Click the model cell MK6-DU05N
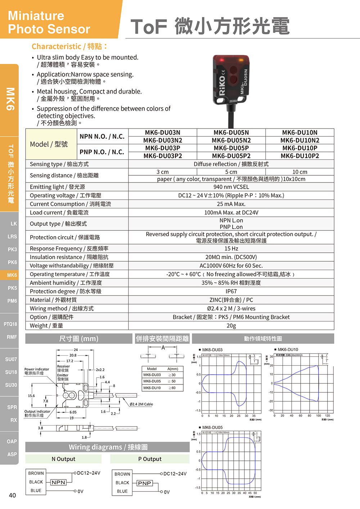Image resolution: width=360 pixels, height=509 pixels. point(231,132)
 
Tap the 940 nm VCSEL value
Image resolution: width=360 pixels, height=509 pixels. point(231,187)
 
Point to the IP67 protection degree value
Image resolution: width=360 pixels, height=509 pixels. point(231,291)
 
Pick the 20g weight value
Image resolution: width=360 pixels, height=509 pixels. point(231,325)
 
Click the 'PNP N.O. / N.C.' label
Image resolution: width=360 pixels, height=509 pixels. point(102,152)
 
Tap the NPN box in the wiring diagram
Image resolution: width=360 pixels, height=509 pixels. point(58,482)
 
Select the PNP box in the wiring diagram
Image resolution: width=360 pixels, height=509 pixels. point(144,483)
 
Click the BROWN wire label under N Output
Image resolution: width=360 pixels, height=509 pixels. point(36,473)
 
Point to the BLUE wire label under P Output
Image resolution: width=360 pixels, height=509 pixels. point(122,491)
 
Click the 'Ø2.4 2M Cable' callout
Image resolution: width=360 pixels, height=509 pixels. point(141,404)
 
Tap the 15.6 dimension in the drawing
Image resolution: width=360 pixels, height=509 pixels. point(31,396)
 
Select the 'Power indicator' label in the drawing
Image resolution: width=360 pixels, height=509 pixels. point(37,369)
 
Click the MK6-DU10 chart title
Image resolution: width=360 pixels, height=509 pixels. point(288,350)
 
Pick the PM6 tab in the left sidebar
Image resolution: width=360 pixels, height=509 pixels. point(12,301)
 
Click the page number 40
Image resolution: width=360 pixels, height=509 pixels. point(12,495)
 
